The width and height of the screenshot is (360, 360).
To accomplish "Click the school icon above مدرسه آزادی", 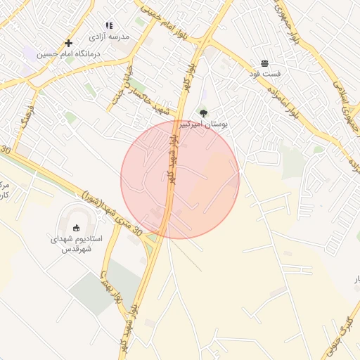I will click(x=109, y=25).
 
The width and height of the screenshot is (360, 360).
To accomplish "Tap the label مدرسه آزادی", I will click(x=109, y=35).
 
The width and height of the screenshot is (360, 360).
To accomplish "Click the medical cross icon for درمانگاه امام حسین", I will click(x=68, y=44).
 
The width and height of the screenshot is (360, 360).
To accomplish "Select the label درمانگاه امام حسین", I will click(x=69, y=53).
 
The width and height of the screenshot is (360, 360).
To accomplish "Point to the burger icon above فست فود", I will click(x=264, y=63).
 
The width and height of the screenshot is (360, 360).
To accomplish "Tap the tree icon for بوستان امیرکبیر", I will click(x=203, y=113).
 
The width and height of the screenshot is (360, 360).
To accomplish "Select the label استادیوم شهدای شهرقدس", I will click(x=77, y=244).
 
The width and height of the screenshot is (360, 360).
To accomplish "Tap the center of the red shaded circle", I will click(x=180, y=179).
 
